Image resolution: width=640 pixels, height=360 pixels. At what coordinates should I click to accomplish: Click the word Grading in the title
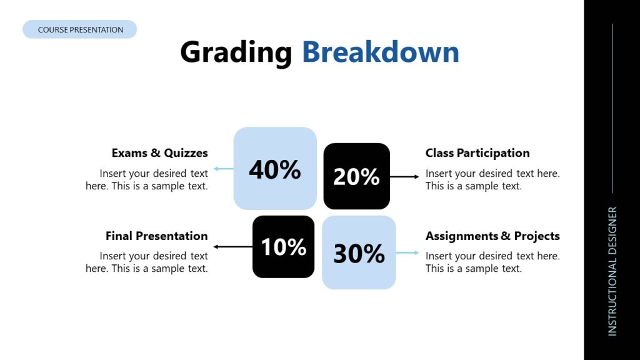point(236,52)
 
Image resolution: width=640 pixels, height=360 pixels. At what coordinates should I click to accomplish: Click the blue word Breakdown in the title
point(380,52)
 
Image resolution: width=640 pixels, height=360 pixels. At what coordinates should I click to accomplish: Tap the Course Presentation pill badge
point(80,29)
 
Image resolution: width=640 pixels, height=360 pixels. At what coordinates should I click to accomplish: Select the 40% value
point(275,169)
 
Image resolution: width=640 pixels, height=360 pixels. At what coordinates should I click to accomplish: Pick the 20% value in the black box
point(356,177)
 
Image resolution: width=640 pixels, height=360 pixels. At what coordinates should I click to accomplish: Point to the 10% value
point(283,247)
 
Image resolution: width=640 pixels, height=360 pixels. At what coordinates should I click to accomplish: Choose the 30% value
point(359,253)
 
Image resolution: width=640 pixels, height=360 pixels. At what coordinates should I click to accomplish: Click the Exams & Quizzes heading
point(159,153)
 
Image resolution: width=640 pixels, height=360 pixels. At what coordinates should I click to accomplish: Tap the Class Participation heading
point(477,153)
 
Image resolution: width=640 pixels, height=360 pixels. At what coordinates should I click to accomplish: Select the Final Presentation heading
point(156,236)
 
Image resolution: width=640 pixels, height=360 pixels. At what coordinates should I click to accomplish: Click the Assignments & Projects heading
point(492,236)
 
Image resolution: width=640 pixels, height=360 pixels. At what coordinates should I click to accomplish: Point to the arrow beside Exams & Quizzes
point(223,169)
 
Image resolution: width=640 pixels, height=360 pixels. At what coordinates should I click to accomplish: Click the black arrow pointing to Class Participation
point(404,177)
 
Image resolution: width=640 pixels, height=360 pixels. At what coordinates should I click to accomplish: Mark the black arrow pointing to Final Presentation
point(232,247)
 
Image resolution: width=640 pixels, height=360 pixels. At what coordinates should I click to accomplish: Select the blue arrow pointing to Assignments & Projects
point(407,252)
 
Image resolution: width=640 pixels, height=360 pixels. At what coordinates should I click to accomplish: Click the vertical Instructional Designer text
point(612,271)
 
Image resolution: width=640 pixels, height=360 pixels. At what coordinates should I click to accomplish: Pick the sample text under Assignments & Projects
point(492,262)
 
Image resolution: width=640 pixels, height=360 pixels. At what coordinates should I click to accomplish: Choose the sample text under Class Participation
point(492,179)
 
